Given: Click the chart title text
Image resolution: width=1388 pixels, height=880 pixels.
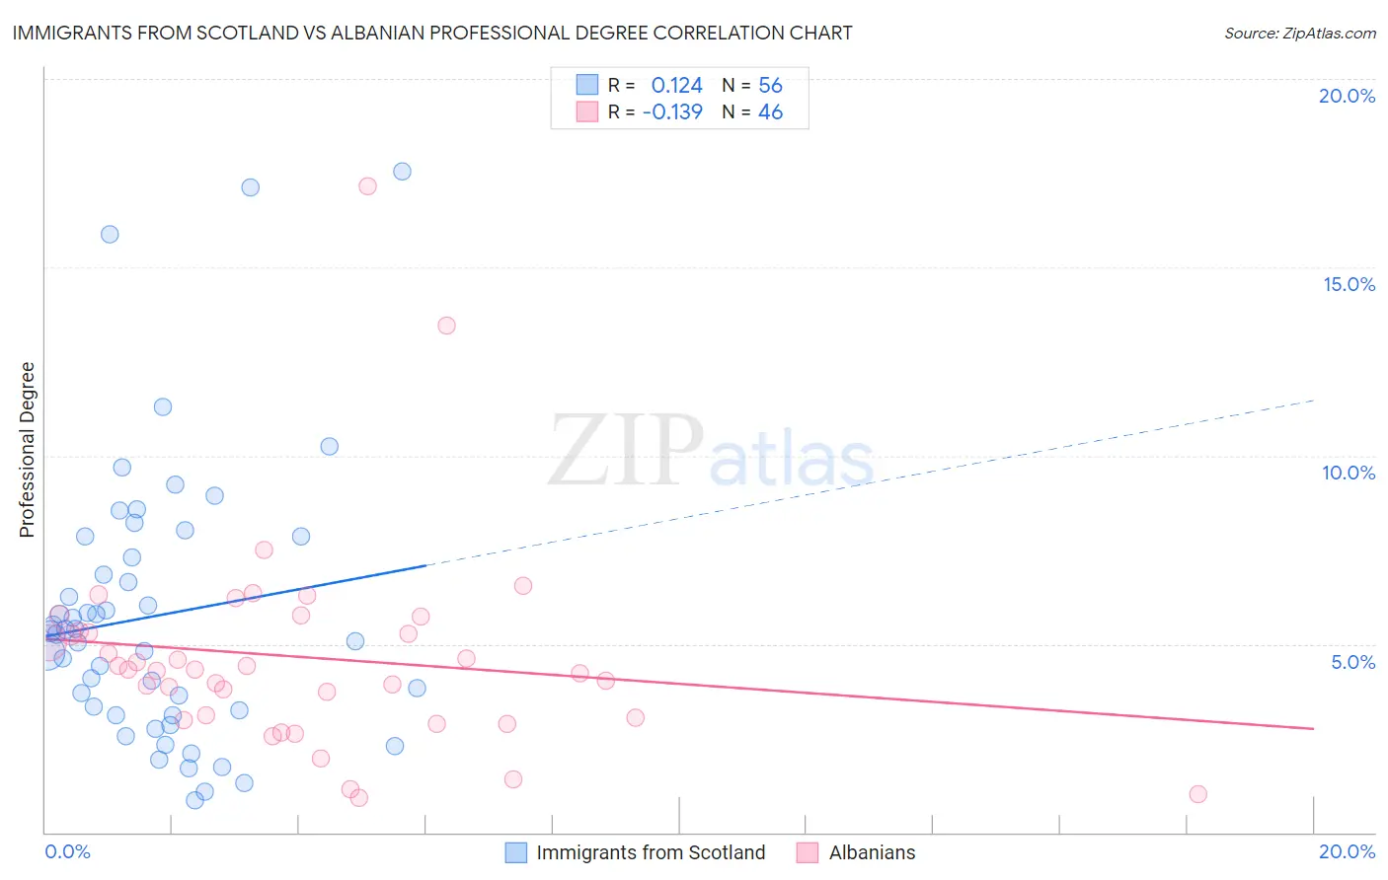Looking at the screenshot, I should [x=432, y=33].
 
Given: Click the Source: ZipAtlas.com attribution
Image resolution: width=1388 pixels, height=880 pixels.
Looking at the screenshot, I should [x=1299, y=33].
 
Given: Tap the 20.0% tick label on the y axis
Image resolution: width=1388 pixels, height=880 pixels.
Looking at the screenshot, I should [x=1347, y=96].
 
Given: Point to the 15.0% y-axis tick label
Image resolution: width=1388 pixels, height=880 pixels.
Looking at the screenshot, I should [x=1349, y=284].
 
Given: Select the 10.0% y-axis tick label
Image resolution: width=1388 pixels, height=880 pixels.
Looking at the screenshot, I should [x=1349, y=473].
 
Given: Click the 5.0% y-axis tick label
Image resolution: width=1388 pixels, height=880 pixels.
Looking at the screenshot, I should [x=1352, y=662].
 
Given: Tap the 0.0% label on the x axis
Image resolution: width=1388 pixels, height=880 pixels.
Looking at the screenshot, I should [x=67, y=851].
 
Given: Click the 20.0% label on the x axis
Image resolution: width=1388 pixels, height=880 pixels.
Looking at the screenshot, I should [x=1347, y=851].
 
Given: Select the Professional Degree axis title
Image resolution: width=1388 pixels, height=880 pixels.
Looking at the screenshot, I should [x=27, y=450].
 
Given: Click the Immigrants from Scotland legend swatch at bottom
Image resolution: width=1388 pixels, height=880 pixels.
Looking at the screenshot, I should [x=515, y=852].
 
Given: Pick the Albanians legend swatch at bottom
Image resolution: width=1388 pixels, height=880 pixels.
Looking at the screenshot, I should [x=808, y=852].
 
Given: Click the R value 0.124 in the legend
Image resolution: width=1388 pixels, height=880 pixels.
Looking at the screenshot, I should [x=676, y=86].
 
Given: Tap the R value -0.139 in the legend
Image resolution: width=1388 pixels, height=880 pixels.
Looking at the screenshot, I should [x=672, y=112].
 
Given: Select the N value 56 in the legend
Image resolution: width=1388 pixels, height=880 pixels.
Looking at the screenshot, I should [x=770, y=86].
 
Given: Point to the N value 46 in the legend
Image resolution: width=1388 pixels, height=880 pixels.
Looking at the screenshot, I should [x=770, y=112].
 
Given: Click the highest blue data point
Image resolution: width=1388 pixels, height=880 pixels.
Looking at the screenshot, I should [x=402, y=172].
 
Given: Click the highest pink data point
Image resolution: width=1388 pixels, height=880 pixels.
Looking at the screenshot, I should [x=367, y=185].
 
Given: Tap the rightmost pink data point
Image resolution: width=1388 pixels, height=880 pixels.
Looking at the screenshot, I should [x=1197, y=794].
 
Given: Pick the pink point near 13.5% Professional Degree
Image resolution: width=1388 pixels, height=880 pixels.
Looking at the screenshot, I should [x=446, y=326].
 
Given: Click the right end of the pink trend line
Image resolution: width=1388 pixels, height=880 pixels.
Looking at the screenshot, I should [x=1313, y=728].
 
